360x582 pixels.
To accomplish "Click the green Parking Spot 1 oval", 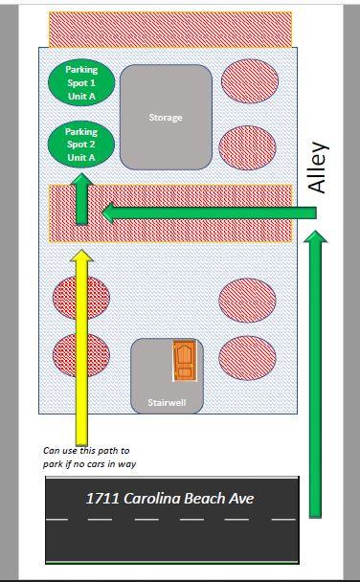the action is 81,82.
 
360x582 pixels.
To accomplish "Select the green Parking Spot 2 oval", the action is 81,145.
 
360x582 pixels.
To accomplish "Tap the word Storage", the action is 166,118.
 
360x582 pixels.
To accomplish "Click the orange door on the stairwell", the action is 185,361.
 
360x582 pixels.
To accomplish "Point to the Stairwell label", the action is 167,402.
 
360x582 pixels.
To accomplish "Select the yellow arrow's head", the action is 81,257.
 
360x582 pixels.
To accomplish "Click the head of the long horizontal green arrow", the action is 107,213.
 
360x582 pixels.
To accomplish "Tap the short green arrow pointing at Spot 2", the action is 81,198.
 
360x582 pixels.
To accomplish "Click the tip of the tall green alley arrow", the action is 315,231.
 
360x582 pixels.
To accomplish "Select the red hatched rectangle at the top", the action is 170,30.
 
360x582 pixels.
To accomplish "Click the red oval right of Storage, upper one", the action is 250,80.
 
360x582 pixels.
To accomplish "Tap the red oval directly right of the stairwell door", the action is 247,358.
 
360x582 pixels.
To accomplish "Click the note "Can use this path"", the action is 86,451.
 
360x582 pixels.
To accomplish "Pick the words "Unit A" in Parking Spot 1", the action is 81,96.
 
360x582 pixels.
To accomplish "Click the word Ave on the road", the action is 241,498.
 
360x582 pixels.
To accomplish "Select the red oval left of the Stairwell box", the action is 81,355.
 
